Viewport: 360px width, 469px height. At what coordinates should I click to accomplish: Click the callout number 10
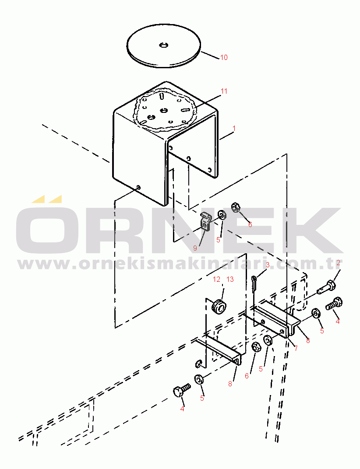click(224, 57)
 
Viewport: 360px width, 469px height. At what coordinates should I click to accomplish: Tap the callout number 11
click(224, 91)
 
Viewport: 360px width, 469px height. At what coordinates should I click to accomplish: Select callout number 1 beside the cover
click(234, 128)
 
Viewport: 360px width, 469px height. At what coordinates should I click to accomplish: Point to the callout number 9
click(195, 248)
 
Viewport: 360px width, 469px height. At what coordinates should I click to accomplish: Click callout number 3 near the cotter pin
click(268, 265)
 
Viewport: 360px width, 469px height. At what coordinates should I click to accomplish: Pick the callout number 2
click(339, 263)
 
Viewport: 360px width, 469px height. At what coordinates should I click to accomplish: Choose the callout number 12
click(216, 280)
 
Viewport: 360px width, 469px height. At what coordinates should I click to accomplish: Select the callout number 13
click(230, 280)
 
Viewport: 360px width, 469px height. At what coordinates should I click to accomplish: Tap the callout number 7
click(296, 348)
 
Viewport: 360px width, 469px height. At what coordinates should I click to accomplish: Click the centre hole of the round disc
click(163, 45)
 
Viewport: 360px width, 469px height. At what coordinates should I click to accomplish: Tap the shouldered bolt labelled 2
click(326, 287)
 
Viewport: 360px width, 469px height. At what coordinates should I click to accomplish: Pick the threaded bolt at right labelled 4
click(334, 304)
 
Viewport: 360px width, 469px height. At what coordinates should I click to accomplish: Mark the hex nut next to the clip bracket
click(236, 207)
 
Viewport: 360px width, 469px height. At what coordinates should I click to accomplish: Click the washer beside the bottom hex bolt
click(199, 379)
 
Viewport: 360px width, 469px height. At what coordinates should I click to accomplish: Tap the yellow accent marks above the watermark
click(47, 199)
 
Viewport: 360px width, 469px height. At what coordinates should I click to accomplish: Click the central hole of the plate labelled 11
click(163, 111)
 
